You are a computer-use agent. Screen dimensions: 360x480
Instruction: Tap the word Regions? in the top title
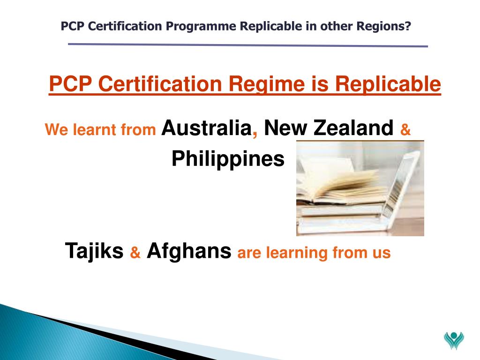[384, 26]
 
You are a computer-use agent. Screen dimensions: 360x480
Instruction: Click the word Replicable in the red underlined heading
[388, 84]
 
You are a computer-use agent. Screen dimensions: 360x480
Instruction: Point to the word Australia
[206, 127]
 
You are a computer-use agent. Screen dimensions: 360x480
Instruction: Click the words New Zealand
[328, 127]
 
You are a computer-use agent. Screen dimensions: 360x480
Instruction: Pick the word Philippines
[228, 159]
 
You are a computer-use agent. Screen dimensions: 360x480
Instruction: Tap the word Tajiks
[94, 251]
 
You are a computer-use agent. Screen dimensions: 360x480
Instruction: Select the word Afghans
[189, 251]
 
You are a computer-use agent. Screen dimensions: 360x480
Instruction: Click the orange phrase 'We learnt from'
[100, 130]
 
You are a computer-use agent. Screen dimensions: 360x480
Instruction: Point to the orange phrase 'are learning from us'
[314, 253]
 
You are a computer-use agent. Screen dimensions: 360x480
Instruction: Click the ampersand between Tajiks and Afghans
[135, 254]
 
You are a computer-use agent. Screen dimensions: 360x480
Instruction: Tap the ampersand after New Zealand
[405, 130]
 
